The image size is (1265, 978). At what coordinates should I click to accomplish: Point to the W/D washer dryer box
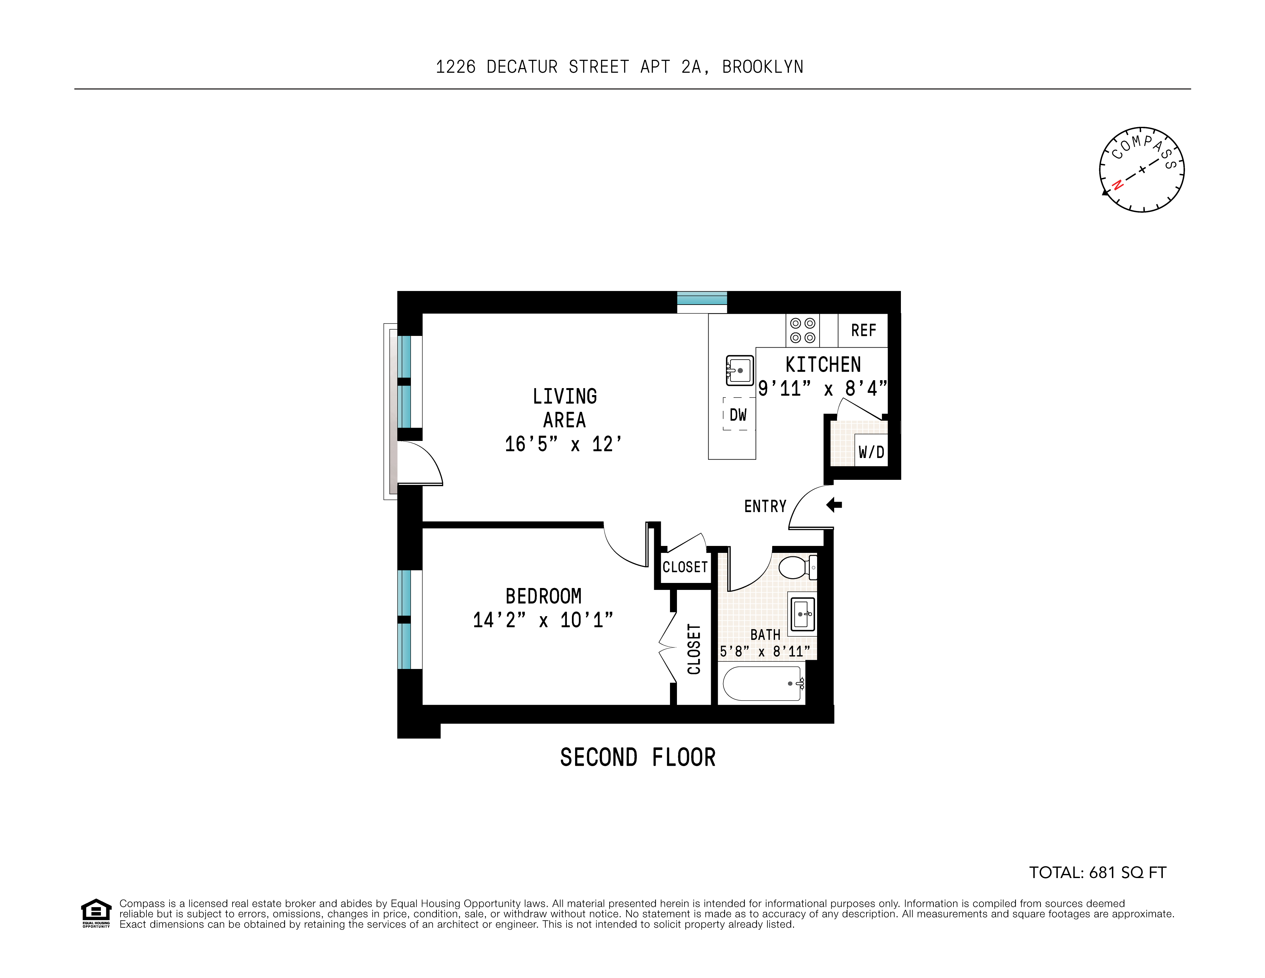click(x=871, y=452)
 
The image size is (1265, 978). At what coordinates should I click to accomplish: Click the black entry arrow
click(x=834, y=505)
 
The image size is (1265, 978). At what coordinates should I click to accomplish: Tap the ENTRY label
click(x=765, y=507)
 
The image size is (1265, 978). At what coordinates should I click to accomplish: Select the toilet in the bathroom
click(x=797, y=567)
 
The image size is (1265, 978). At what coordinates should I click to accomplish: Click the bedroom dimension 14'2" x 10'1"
click(x=543, y=620)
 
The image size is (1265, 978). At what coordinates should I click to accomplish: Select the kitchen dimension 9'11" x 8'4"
click(x=822, y=388)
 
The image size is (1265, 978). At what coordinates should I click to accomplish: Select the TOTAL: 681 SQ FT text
click(x=1097, y=873)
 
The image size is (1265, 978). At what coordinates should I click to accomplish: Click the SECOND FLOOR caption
click(x=638, y=758)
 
